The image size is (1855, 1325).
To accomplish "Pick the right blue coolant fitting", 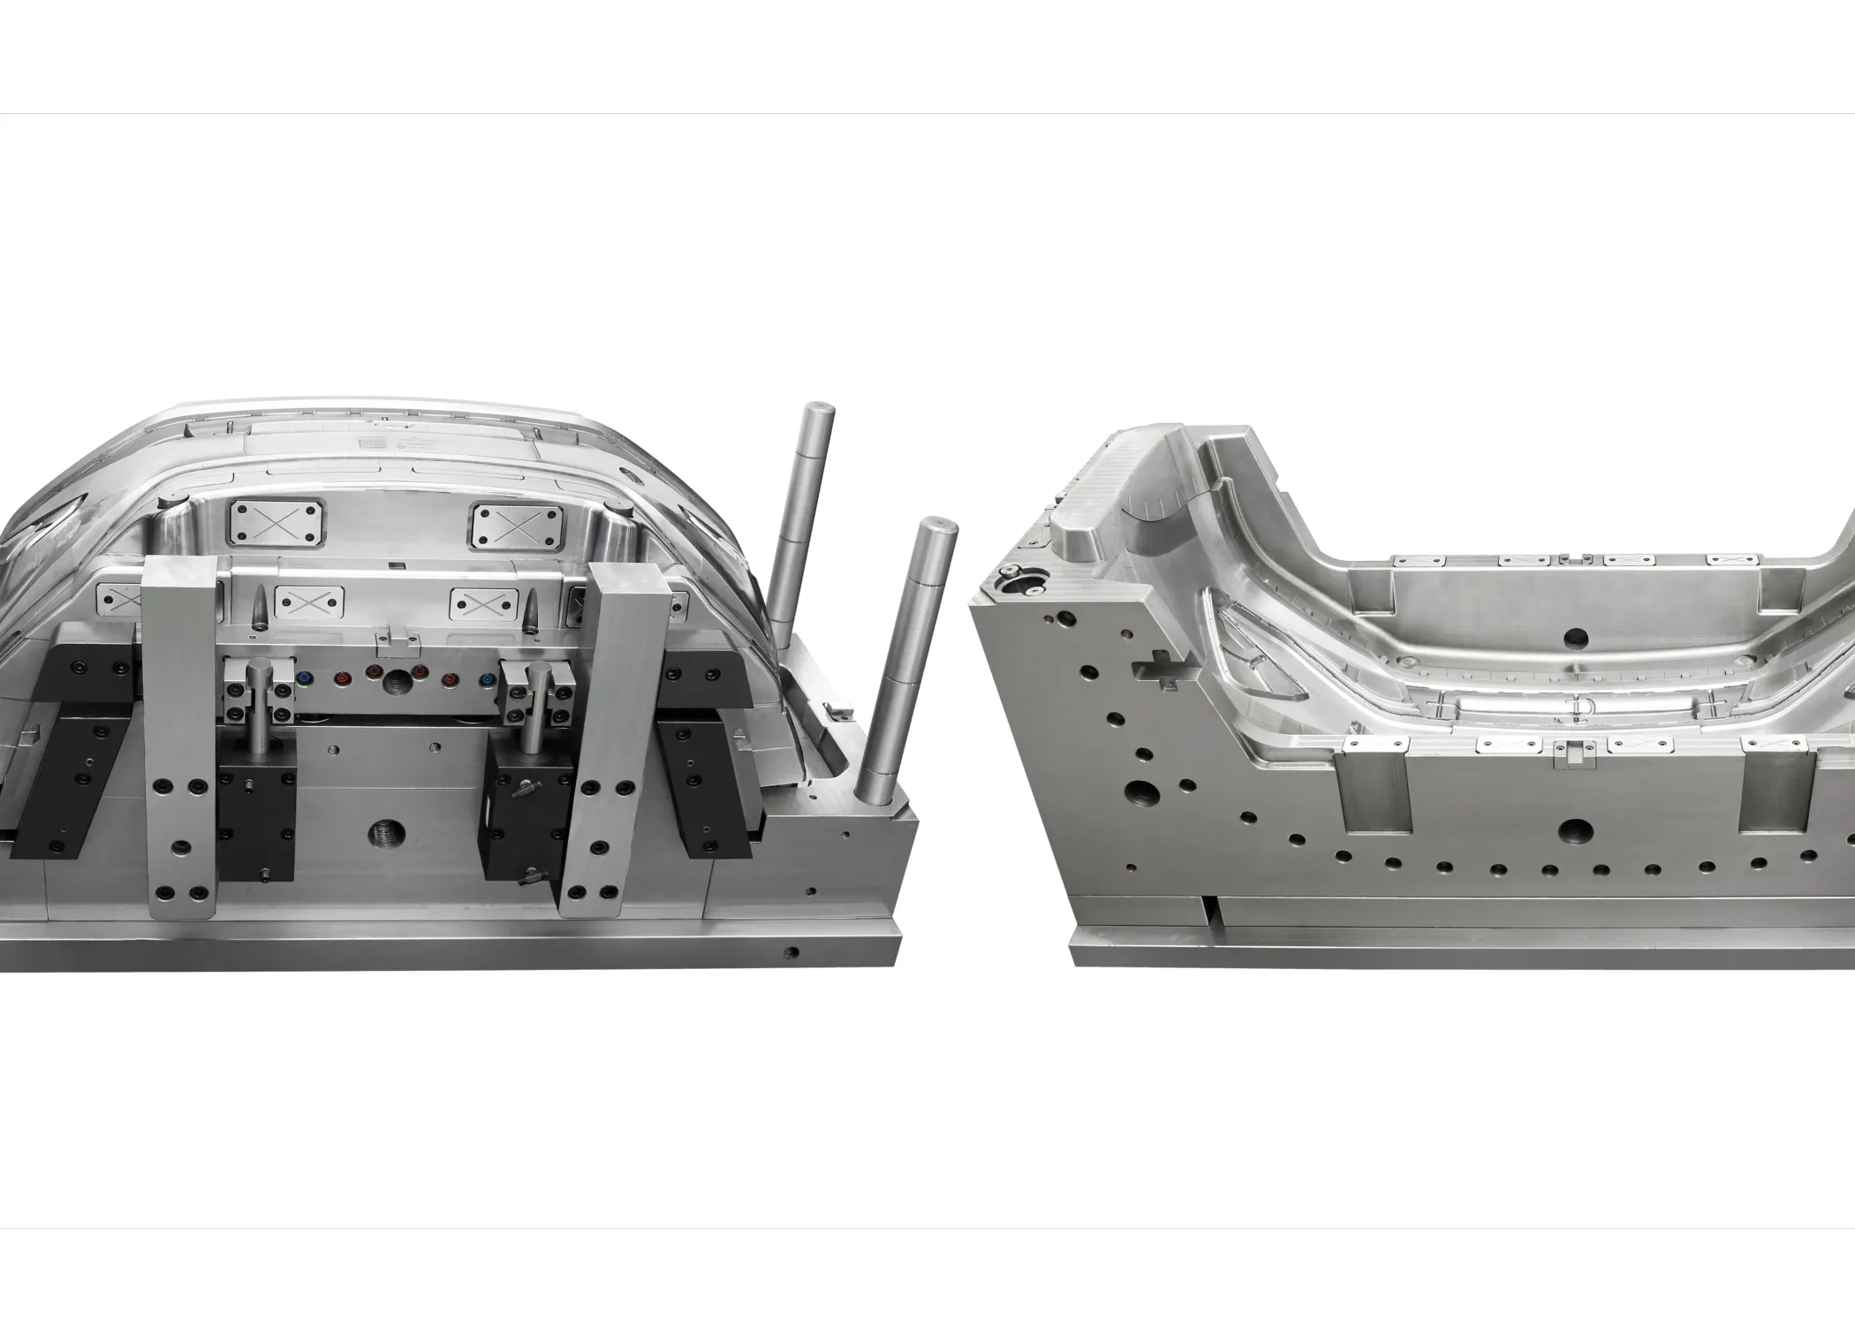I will (x=487, y=681).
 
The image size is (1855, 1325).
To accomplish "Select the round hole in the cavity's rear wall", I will (x=1573, y=637).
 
